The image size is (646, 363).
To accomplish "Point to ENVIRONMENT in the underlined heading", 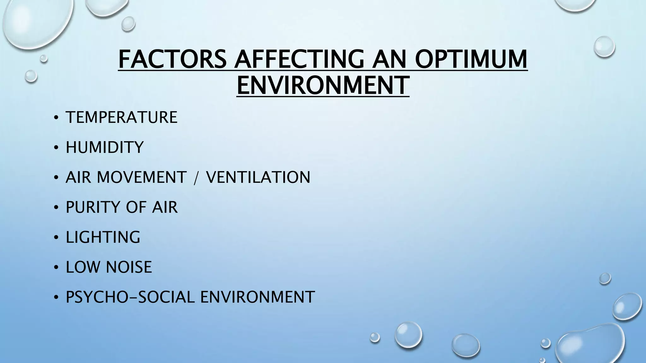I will click(323, 85).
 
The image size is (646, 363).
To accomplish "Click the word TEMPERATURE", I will click(121, 117).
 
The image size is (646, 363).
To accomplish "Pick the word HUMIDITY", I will click(104, 147).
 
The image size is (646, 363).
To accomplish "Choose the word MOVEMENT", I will click(142, 177).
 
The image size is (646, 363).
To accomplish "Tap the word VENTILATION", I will click(258, 177).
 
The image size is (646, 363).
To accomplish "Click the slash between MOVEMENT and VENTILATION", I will click(196, 178).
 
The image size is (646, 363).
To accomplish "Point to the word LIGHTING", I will click(103, 237).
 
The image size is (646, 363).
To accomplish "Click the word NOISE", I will click(129, 267).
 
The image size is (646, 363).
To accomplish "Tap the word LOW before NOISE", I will click(83, 267).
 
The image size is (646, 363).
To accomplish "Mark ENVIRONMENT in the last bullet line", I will click(257, 297).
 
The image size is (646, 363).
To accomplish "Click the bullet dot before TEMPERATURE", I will click(56, 118).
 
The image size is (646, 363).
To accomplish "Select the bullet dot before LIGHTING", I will click(56, 238).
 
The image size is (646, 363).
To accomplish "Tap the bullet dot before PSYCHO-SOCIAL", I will click(56, 298).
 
